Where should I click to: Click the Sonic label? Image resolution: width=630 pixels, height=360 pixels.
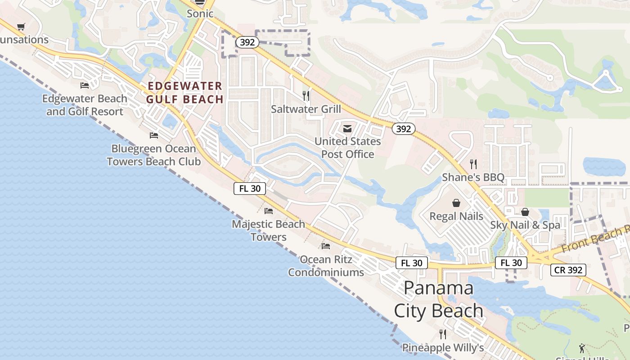[200, 13]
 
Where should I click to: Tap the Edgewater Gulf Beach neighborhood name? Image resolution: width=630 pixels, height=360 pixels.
[185, 92]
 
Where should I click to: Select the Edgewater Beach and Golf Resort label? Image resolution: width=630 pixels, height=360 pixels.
[85, 105]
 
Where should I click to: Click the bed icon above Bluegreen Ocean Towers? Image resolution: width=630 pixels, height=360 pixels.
[154, 135]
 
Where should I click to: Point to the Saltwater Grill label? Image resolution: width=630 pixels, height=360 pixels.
[306, 109]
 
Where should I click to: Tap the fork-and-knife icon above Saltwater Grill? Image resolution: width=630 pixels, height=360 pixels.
[306, 95]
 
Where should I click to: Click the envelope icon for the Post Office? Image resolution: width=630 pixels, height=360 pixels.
[347, 129]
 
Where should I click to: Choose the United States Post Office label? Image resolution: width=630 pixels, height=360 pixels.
[347, 148]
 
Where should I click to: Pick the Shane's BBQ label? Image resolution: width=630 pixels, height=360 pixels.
[473, 177]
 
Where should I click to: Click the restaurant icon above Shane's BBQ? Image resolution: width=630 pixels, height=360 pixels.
[473, 164]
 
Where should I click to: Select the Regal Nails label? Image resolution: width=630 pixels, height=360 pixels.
[456, 216]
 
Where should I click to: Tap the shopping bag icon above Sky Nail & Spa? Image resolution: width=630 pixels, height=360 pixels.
[525, 212]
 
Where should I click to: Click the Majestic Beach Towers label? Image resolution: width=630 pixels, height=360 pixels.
[269, 230]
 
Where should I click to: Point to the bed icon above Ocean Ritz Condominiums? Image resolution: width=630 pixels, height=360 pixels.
[326, 246]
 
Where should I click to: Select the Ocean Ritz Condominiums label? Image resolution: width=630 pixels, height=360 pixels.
[326, 265]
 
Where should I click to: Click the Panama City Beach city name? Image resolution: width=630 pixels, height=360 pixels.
[439, 299]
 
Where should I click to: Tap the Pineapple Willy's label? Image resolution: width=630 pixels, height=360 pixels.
[443, 347]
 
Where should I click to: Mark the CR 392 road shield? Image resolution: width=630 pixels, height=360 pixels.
[568, 270]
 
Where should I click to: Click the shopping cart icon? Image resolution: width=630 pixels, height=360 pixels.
[21, 27]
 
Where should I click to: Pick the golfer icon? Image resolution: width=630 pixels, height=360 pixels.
[582, 348]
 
